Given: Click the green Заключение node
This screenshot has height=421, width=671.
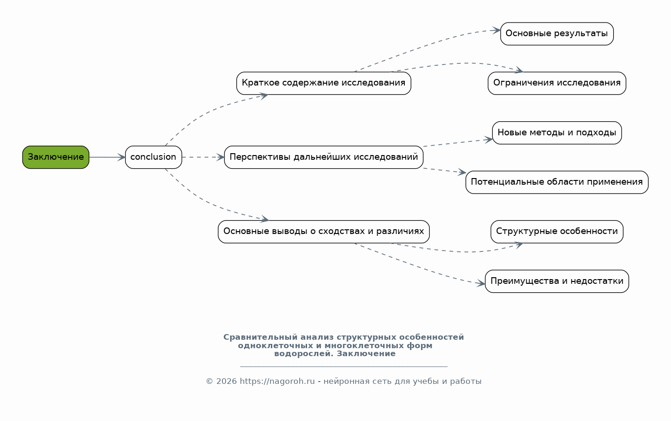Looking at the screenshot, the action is (55, 157).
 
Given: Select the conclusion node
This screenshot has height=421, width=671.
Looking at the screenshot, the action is (153, 157).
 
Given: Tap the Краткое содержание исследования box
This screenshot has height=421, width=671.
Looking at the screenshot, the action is (324, 83).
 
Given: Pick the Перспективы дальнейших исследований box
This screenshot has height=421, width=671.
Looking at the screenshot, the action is (324, 157).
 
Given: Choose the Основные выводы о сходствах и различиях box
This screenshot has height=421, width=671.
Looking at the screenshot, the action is (324, 232).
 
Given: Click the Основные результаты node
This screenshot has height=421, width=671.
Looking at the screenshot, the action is (557, 34).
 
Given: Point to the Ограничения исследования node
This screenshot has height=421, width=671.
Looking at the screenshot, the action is (557, 83).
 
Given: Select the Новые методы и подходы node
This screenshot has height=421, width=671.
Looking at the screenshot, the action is (557, 133).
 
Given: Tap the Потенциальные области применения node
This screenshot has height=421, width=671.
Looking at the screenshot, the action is (557, 182).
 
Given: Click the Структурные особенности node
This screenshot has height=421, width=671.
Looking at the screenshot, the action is (557, 232).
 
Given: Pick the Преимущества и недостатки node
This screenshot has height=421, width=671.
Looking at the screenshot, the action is (557, 281).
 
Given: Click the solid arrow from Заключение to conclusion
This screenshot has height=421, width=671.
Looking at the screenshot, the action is (107, 157).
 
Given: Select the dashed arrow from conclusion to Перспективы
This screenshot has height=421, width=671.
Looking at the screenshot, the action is (203, 157).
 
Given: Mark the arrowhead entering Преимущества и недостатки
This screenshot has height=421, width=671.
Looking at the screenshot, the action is (481, 283).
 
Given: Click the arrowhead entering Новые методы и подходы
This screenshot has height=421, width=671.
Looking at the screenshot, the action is (489, 140).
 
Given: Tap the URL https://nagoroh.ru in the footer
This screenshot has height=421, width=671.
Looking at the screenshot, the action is (277, 381).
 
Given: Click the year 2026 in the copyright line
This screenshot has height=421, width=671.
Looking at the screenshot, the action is (227, 381).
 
